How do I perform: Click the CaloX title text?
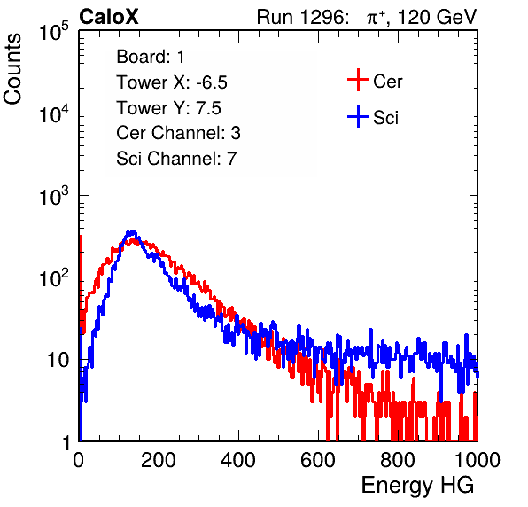pos(109,17)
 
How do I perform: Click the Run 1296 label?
pos(302,17)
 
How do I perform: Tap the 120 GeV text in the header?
pos(438,17)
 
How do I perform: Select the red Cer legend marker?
pos(358,80)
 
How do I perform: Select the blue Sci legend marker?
pos(358,116)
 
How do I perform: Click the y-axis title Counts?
pos(12,69)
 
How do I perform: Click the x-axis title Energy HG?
pos(417,486)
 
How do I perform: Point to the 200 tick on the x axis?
pos(159,460)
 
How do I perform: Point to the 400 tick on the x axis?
pos(238,460)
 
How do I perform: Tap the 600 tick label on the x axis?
pos(318,460)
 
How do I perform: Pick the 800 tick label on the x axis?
pos(398,460)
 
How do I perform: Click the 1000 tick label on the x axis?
pos(478,460)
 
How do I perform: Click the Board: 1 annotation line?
pos(151,57)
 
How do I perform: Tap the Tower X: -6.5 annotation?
pos(172,82)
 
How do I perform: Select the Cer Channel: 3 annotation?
pos(178,133)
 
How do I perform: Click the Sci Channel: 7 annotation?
pos(176,159)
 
